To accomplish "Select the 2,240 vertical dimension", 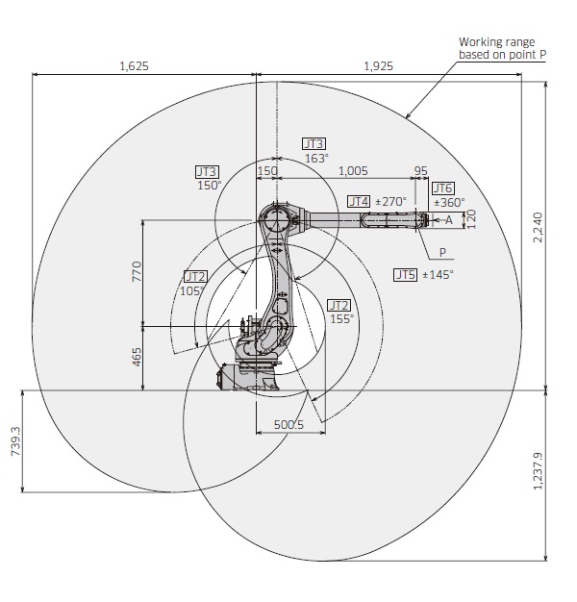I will (x=538, y=227).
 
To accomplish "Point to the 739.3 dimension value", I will (x=14, y=442).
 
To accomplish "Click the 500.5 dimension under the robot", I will (x=288, y=424).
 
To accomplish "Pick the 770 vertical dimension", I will (x=137, y=271).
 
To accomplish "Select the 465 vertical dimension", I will (x=137, y=357).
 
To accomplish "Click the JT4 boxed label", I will (x=358, y=201).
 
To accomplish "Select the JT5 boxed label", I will (x=405, y=274).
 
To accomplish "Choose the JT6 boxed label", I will (x=442, y=188).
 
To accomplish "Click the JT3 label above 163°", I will (x=314, y=143).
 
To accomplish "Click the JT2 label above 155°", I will (x=339, y=304).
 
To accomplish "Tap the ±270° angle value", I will (x=390, y=201).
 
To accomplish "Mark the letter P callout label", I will (x=443, y=253).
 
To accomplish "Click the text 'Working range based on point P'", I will (x=502, y=48).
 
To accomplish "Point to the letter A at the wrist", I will (x=448, y=220).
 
